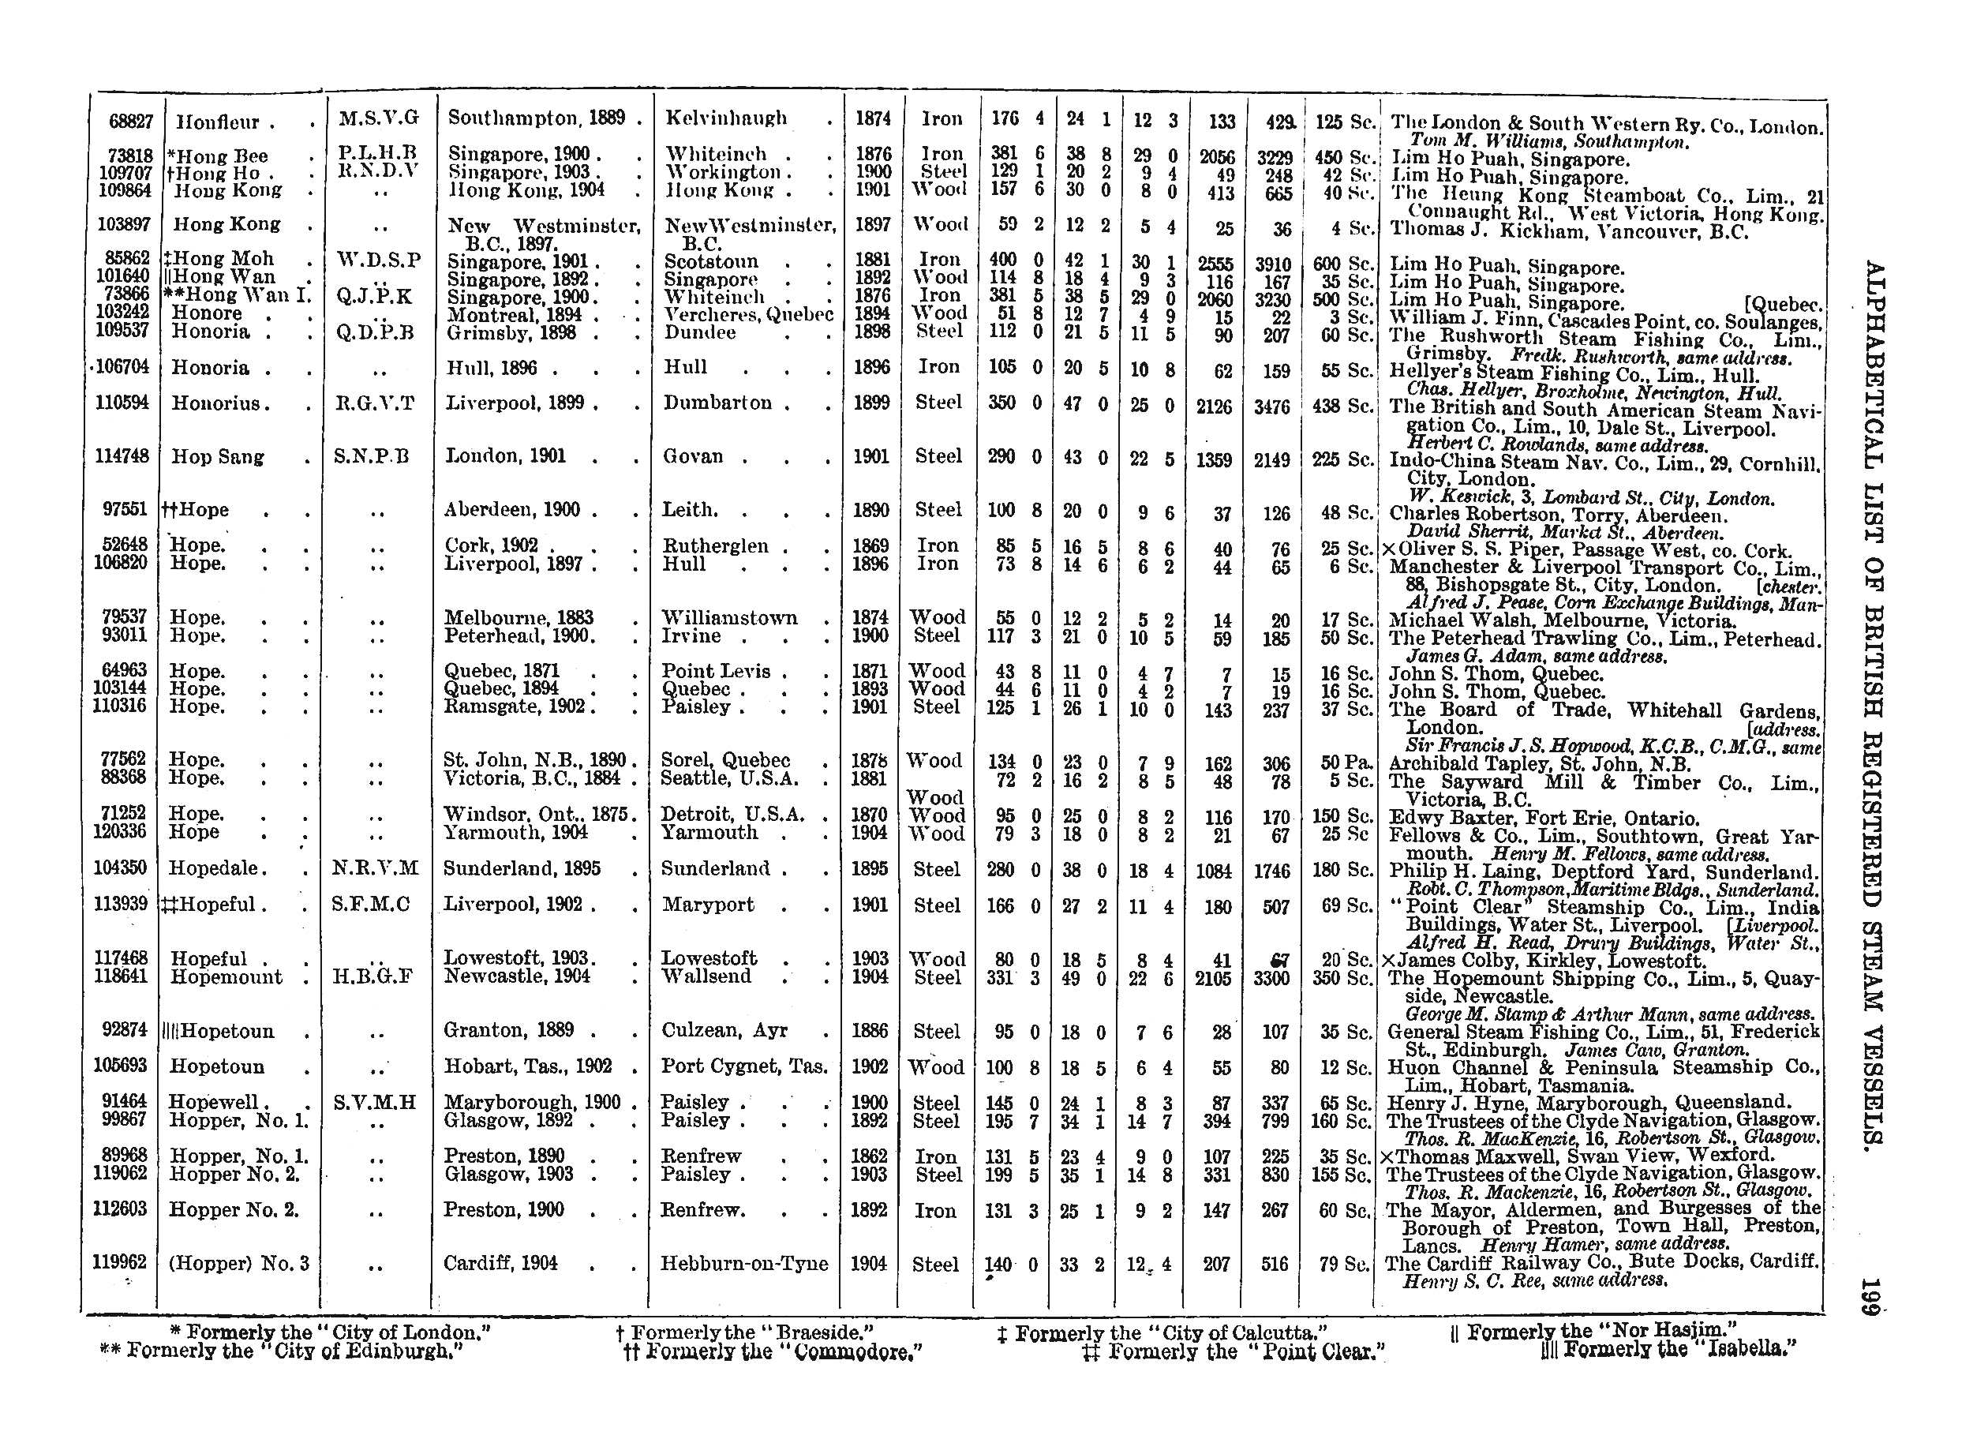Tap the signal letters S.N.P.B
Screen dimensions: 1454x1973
point(372,456)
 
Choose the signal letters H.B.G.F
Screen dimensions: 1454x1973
point(374,977)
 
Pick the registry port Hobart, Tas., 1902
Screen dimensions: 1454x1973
point(528,1066)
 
